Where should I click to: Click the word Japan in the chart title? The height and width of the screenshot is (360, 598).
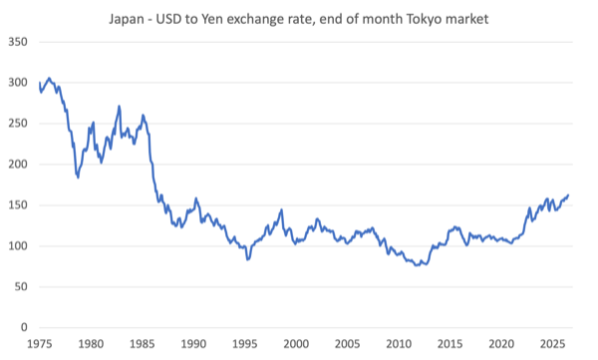[x=126, y=20]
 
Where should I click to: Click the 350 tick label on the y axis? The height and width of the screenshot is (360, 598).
[x=18, y=42]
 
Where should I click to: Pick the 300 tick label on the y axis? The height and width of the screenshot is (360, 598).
[x=18, y=83]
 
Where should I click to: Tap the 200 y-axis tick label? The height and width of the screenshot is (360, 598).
[x=18, y=165]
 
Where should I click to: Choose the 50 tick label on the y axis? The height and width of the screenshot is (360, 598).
[x=21, y=286]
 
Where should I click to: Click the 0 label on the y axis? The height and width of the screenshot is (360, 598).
[x=24, y=327]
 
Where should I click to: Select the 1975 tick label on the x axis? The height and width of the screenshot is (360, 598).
[x=40, y=344]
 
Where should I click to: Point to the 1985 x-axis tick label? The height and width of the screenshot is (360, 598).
[x=143, y=344]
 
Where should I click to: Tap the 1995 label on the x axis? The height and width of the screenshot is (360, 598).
[x=245, y=344]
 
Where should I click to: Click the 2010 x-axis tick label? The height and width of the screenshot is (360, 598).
[x=399, y=344]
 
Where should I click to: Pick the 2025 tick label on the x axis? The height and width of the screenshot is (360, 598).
[x=552, y=344]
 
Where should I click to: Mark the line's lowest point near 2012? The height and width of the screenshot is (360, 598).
[x=417, y=265]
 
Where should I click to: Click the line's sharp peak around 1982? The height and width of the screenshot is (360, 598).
[x=119, y=106]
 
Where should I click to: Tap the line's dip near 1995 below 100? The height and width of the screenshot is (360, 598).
[x=248, y=259]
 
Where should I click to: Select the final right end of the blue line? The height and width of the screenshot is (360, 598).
[x=568, y=195]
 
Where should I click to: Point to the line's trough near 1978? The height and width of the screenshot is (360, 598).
[x=78, y=178]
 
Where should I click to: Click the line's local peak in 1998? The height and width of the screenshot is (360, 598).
[x=281, y=209]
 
